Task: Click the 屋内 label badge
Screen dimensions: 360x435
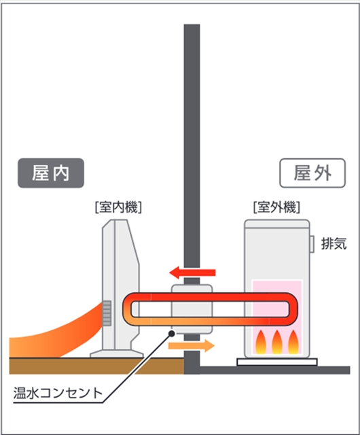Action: pyautogui.click(x=51, y=173)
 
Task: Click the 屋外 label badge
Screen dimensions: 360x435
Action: pyautogui.click(x=312, y=173)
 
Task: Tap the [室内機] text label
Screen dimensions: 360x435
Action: pyautogui.click(x=118, y=207)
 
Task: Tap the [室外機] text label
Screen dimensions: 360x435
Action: pyautogui.click(x=276, y=207)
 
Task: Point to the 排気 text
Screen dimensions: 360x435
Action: pyautogui.click(x=334, y=244)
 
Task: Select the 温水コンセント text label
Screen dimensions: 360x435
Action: pyautogui.click(x=58, y=393)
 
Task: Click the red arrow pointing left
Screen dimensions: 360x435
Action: pyautogui.click(x=192, y=273)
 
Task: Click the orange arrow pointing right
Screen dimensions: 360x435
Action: pyautogui.click(x=192, y=346)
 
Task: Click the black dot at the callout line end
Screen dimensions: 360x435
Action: pyautogui.click(x=172, y=334)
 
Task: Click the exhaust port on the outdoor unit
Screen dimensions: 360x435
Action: pyautogui.click(x=312, y=244)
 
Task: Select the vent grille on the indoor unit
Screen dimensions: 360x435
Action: pyautogui.click(x=107, y=313)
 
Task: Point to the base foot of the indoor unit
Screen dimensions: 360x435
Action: pyautogui.click(x=117, y=353)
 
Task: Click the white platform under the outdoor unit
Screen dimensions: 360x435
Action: pyautogui.click(x=277, y=362)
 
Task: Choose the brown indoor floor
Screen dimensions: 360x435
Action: pyautogui.click(x=96, y=366)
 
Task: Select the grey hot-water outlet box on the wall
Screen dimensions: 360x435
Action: pyautogui.click(x=192, y=309)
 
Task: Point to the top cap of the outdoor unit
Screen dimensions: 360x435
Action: pyautogui.click(x=277, y=224)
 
